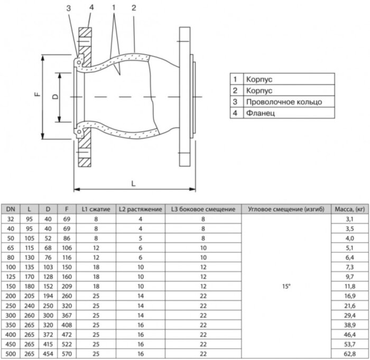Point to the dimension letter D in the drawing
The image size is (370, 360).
55,96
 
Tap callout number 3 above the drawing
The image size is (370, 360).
69,7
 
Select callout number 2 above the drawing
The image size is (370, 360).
134,7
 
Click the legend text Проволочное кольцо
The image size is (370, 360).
283,101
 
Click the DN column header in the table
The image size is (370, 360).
11,209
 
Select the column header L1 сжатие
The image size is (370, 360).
96,209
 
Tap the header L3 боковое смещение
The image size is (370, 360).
203,209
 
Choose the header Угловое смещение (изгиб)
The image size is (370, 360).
286,209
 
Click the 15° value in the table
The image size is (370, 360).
286,285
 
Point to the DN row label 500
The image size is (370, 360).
11,353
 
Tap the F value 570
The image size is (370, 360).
67,353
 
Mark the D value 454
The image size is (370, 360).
48,353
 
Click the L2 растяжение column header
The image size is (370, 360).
140,209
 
